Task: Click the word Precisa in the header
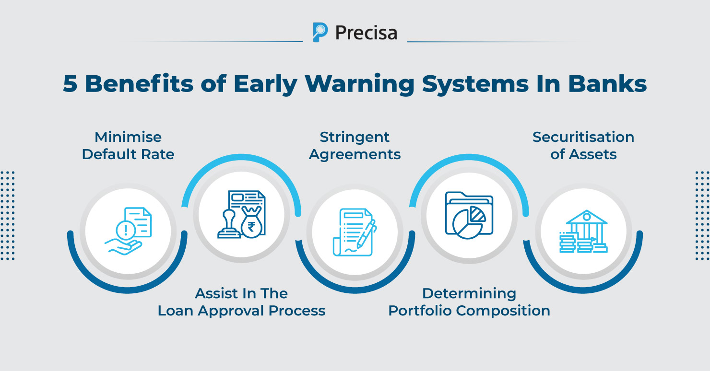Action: tap(366, 33)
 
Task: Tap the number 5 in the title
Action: tap(71, 84)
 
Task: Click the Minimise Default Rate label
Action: tap(128, 146)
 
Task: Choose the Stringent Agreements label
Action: tap(355, 146)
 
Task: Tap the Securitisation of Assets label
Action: tap(583, 146)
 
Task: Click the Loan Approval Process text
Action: tap(242, 311)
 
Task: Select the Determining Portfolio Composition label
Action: tap(469, 302)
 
